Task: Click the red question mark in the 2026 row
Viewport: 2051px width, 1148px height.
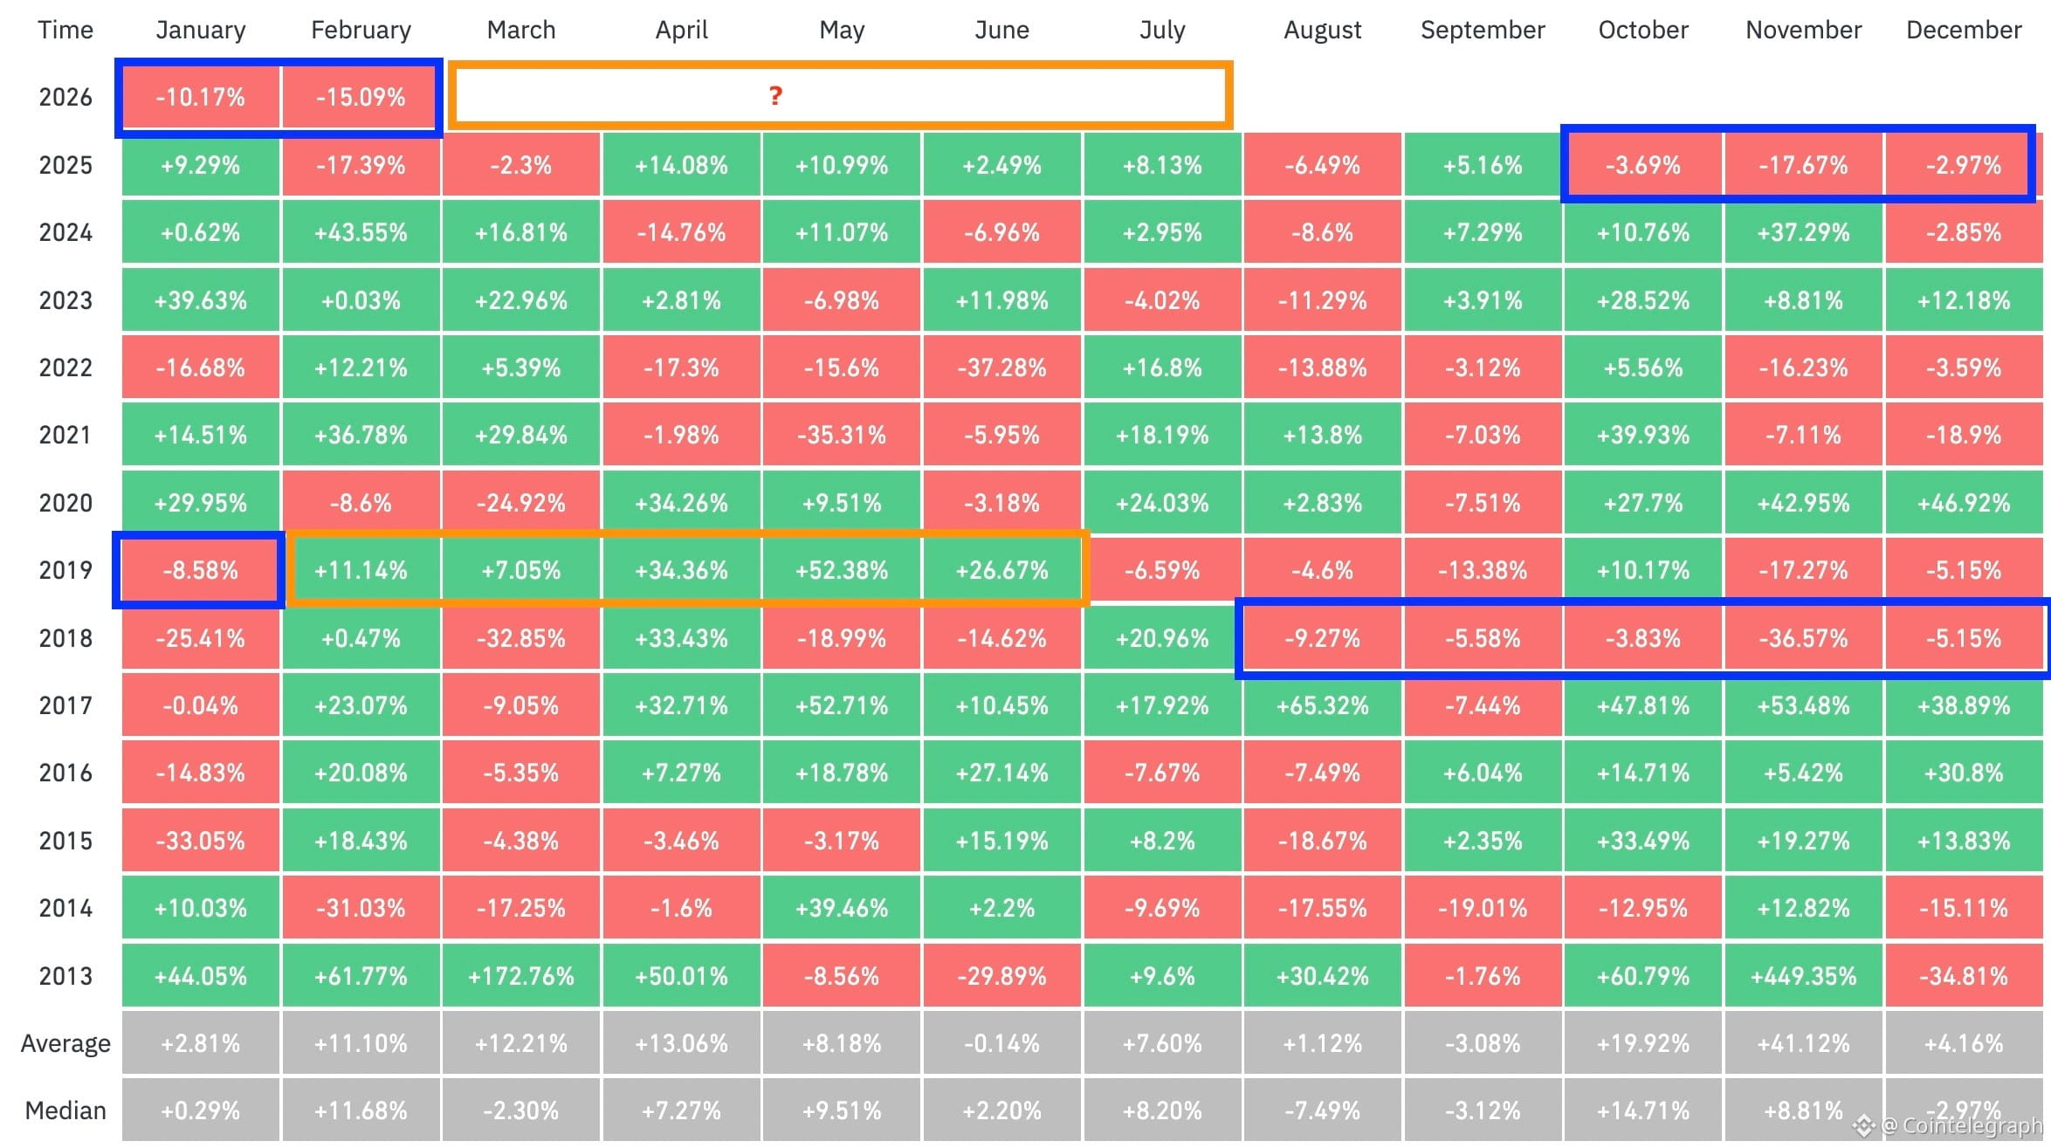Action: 774,96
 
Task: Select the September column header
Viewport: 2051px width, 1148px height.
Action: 1482,31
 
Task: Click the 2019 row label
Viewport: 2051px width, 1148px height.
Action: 65,570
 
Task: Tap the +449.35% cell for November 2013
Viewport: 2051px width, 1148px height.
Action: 1803,975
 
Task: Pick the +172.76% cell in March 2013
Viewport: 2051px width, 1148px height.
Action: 520,975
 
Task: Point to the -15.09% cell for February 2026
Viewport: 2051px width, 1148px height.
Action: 360,97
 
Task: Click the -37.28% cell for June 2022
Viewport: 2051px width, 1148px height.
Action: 1001,368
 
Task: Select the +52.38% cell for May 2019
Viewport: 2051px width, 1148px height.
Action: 841,570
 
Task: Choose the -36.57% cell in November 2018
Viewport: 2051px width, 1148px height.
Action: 1803,638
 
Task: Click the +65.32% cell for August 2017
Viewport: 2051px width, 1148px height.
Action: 1322,705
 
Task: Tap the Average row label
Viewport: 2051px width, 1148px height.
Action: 65,1043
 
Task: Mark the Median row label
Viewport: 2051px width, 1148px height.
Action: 65,1110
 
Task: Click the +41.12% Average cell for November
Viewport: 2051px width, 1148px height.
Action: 1803,1043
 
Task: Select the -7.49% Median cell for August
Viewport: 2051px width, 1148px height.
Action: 1322,1110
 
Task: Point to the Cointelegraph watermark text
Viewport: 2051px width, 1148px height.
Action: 1960,1126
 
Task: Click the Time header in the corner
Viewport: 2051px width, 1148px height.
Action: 65,31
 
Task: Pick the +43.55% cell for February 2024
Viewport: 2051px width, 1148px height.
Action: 360,232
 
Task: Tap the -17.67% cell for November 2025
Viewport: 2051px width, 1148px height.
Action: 1803,165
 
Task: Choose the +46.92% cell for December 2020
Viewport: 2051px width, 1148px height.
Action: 1963,503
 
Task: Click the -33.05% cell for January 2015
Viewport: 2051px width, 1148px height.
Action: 200,841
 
